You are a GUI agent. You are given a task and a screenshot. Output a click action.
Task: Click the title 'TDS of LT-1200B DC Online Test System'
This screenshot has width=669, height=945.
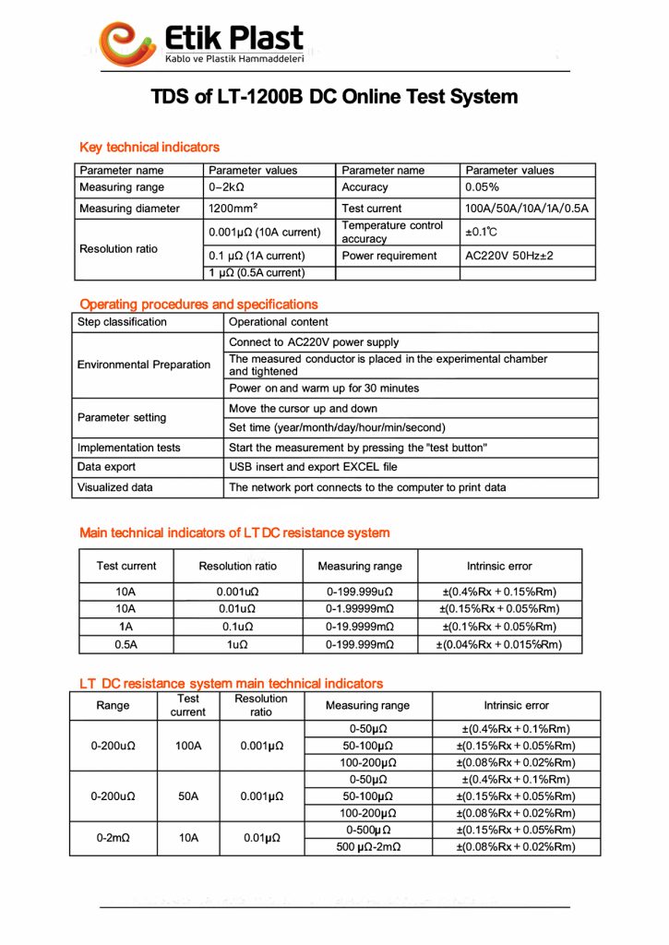coord(334,97)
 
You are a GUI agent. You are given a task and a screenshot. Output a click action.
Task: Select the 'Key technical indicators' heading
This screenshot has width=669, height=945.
coord(149,148)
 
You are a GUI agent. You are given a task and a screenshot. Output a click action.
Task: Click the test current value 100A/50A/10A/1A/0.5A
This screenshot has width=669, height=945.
coord(527,209)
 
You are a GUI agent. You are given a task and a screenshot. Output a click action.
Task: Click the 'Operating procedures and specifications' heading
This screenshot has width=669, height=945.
coord(198,305)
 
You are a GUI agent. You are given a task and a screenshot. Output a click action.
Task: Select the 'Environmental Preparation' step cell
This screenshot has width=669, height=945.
coord(144,365)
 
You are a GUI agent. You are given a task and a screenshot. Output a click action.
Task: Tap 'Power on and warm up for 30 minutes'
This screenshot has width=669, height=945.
coord(324,389)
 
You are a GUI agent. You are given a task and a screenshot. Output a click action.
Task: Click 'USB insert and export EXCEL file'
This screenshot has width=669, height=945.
coord(313,467)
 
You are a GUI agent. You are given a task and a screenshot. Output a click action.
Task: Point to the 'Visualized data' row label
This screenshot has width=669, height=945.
coord(115,487)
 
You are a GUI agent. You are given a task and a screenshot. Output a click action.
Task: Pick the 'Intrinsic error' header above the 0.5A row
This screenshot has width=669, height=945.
coord(499,566)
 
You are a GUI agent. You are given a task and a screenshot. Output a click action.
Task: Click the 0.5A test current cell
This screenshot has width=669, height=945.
coord(126,645)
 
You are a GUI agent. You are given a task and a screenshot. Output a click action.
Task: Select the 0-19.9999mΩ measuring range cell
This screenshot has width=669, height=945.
coord(360,627)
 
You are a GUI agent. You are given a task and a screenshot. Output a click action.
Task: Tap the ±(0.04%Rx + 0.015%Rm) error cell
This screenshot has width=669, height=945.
coord(499,645)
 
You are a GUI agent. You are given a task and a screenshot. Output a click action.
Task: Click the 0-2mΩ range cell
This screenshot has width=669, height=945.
coord(113,838)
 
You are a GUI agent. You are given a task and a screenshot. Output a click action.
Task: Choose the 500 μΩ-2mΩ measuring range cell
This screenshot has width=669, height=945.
coord(367,847)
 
